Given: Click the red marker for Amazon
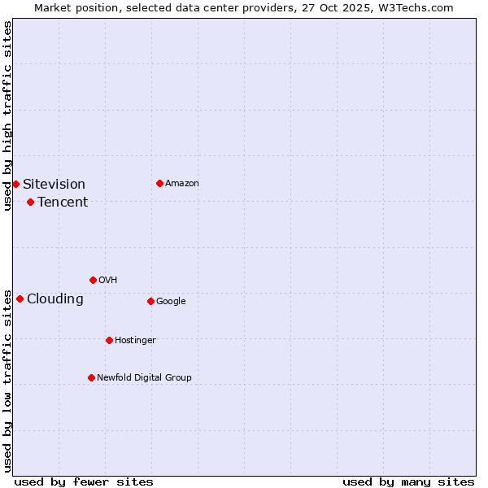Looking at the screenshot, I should tap(159, 183).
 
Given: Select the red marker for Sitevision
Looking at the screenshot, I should tap(15, 184).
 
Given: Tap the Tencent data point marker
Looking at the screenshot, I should tap(30, 202).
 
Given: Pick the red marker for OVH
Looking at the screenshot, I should tap(93, 280).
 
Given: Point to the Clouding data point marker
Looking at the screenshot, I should tap(20, 298).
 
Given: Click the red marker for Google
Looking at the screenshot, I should tap(150, 301).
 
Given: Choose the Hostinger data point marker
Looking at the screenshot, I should tap(109, 340).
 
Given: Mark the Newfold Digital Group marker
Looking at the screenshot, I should tap(91, 377).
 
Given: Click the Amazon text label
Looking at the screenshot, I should tap(181, 183).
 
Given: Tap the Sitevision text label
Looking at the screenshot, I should tap(54, 184).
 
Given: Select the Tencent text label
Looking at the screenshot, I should tap(63, 202).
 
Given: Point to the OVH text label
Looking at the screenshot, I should tap(107, 280).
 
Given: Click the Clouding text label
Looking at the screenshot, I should tap(55, 298).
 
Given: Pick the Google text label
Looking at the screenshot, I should tap(171, 301).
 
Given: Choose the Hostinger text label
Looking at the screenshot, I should tap(135, 340).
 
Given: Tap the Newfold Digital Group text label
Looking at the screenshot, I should tap(144, 377).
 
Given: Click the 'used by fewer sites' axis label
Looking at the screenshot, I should tap(84, 481).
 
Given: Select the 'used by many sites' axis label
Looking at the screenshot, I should tap(408, 481).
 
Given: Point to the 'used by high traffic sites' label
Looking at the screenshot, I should tap(7, 116).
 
